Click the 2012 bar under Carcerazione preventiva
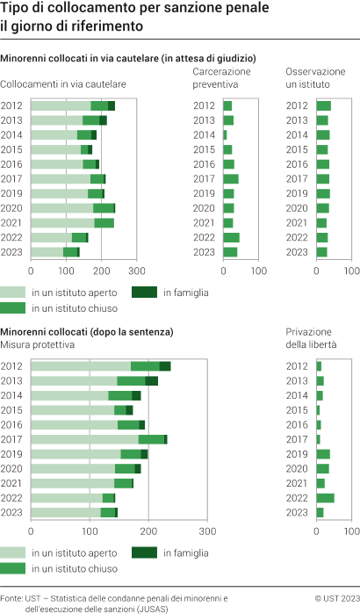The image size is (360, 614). pyautogui.click(x=227, y=106)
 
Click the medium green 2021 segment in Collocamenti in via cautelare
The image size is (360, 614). pyautogui.click(x=104, y=222)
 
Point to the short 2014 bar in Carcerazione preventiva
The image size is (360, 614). pyautogui.click(x=225, y=135)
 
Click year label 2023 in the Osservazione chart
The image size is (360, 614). pyautogui.click(x=298, y=252)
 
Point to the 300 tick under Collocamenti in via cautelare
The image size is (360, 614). pyautogui.click(x=136, y=270)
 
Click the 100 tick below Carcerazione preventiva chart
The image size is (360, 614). pyautogui.click(x=259, y=270)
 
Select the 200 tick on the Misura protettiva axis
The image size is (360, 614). pyautogui.click(x=148, y=531)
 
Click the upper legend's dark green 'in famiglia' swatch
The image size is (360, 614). pyautogui.click(x=144, y=291)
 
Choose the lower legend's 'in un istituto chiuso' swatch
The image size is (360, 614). pyautogui.click(x=13, y=567)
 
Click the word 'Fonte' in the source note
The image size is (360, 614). pyautogui.click(x=12, y=598)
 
